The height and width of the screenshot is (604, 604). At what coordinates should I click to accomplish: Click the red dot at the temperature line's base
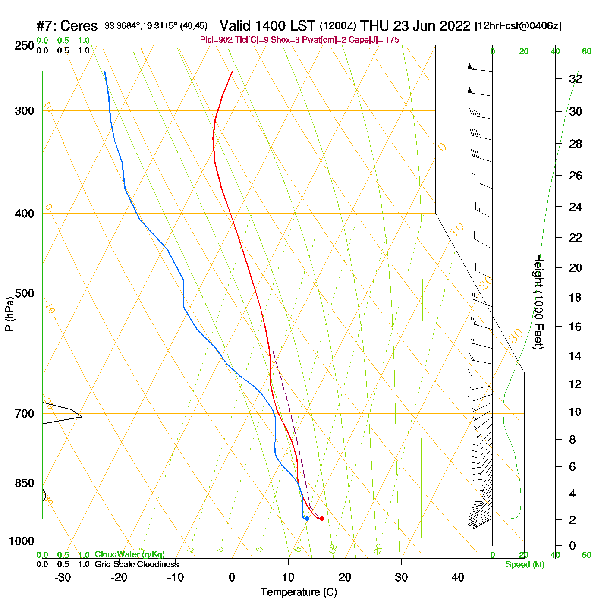(x=321, y=519)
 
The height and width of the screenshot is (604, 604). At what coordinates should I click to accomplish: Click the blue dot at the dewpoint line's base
(x=307, y=519)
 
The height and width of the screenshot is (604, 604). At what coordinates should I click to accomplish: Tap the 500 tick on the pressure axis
(x=25, y=293)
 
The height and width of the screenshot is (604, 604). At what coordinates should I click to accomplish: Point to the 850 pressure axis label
(x=25, y=483)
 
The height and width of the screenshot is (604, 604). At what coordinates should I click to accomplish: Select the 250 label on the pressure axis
(x=25, y=46)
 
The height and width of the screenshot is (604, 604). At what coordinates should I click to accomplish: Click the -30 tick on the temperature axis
(x=63, y=577)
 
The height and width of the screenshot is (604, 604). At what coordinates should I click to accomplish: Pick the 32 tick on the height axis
(x=576, y=79)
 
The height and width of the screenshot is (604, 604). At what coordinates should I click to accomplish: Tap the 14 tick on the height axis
(x=576, y=355)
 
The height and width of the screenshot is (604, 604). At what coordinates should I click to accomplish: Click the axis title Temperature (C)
(x=299, y=592)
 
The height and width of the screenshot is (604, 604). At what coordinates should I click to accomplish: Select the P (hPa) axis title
(x=9, y=314)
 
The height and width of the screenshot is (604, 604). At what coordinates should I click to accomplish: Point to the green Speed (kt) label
(x=525, y=565)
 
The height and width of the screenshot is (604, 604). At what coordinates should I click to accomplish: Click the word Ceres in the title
(x=79, y=26)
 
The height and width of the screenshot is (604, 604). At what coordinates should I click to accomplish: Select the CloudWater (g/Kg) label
(x=129, y=554)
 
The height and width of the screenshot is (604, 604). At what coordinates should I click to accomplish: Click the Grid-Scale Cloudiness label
(x=137, y=564)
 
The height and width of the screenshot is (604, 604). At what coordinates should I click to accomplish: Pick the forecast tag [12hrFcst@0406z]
(x=518, y=26)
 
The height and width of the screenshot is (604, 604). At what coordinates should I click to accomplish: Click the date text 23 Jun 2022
(x=431, y=26)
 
